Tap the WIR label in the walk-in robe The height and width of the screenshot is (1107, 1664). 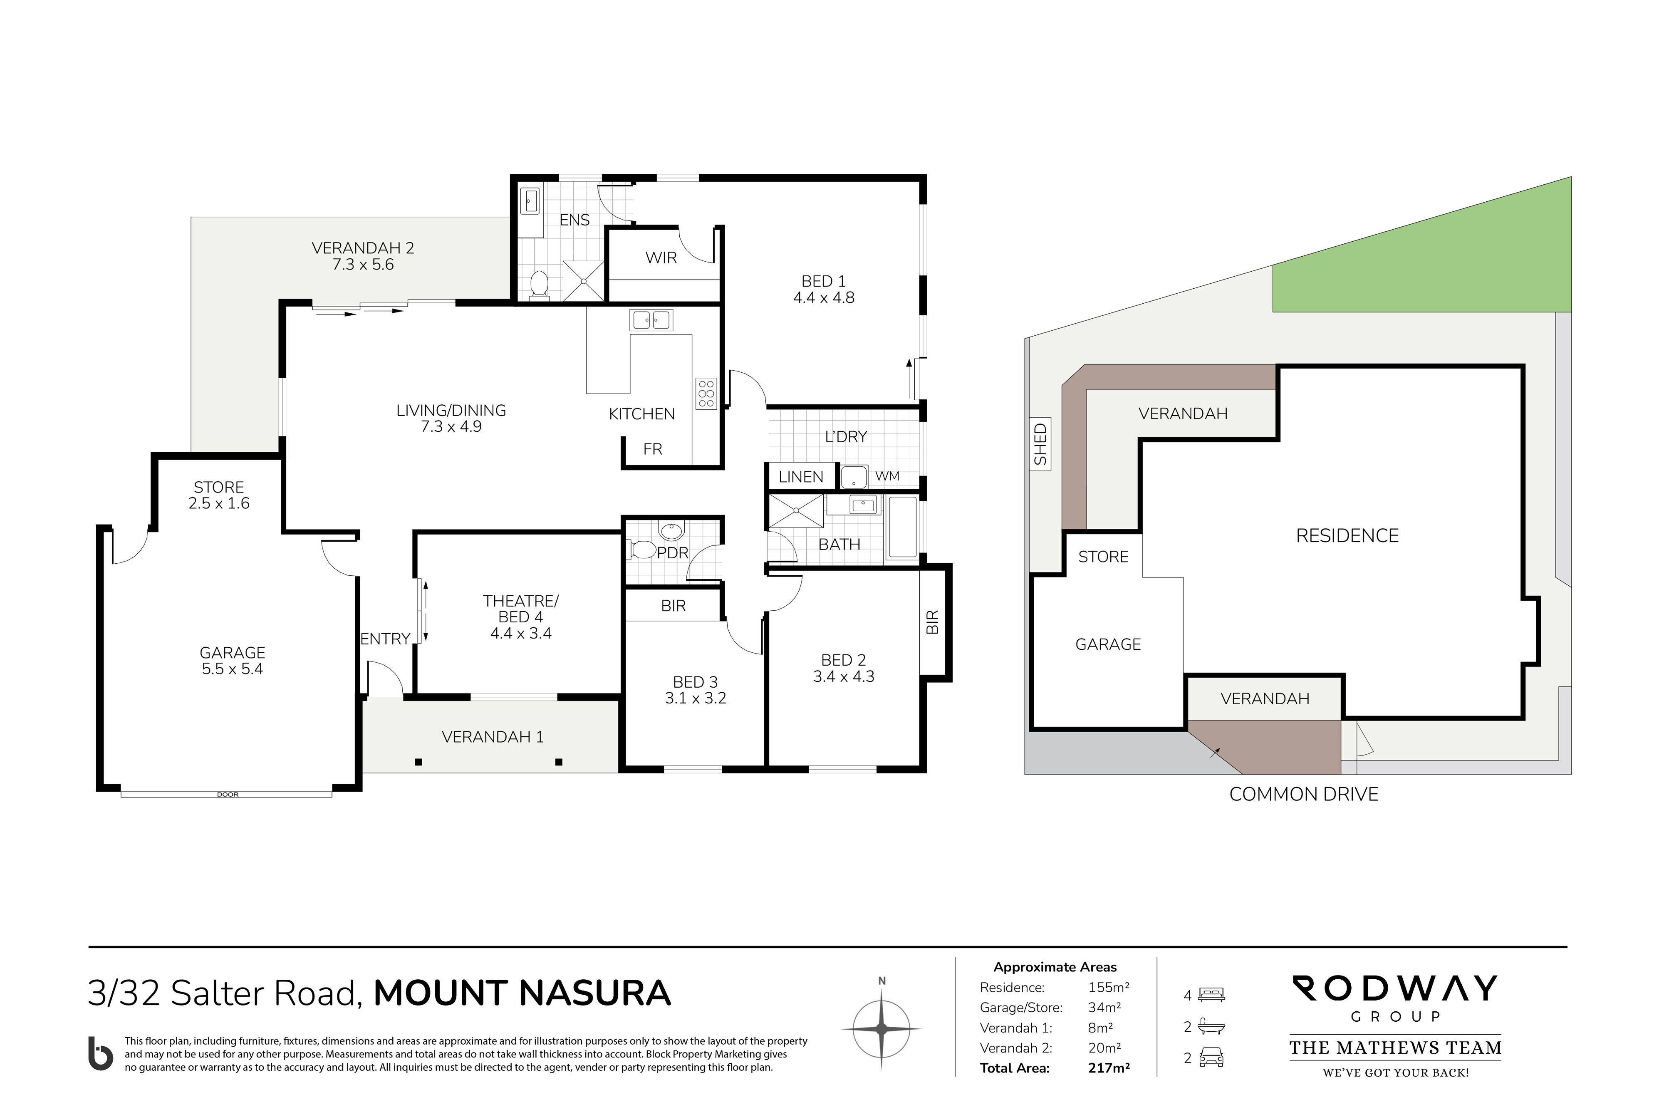point(661,258)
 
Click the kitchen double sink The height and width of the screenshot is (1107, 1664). point(651,320)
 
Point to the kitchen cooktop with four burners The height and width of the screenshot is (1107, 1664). point(706,393)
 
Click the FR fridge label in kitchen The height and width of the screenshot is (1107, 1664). point(652,449)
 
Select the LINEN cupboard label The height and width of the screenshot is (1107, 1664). point(800,477)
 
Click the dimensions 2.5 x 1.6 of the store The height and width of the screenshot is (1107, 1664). point(219,503)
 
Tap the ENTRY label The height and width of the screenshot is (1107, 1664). point(386,639)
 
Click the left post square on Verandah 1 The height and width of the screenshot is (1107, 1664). point(418,762)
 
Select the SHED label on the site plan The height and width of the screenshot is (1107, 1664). point(1040,444)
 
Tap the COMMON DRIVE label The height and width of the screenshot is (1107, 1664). point(1303,794)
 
